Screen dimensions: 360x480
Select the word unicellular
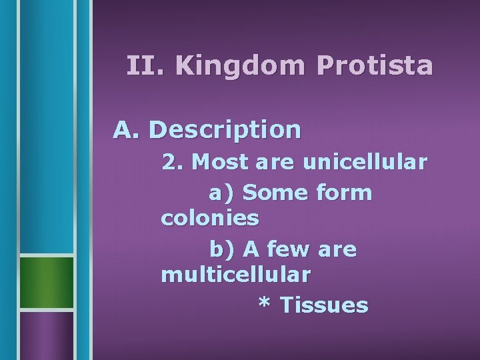364,163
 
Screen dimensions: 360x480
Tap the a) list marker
222,193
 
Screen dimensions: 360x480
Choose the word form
343,193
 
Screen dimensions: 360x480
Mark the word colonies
210,217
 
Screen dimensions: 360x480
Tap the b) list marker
222,249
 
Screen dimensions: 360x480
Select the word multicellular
235,273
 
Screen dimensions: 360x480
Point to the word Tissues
323,305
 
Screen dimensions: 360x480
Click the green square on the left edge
45,283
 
